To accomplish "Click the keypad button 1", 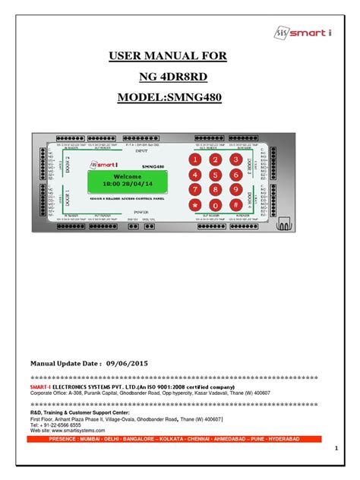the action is (x=195, y=161).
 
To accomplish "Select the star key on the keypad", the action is (x=195, y=206).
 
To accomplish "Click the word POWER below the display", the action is (x=141, y=212).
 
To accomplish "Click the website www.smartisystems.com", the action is (x=68, y=430).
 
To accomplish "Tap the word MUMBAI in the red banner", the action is (x=100, y=439).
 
